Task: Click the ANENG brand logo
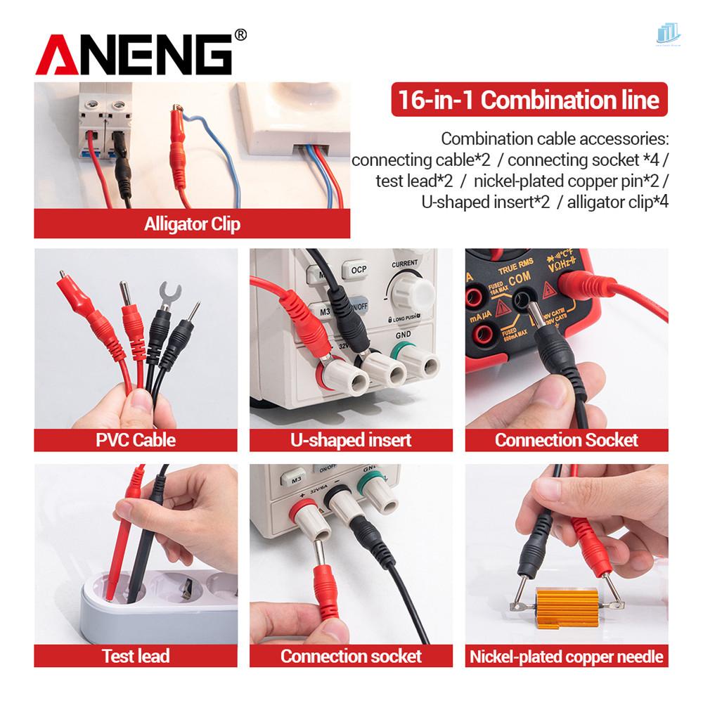tap(134, 56)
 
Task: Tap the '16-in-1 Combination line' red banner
tap(529, 99)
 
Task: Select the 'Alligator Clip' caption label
tap(192, 225)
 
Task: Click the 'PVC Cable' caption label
tap(136, 440)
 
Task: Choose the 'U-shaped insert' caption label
tap(351, 440)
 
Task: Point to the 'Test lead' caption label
tap(136, 656)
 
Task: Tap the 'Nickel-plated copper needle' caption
tap(566, 656)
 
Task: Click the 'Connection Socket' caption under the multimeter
tap(566, 440)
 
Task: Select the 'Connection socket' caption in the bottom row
tap(351, 656)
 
